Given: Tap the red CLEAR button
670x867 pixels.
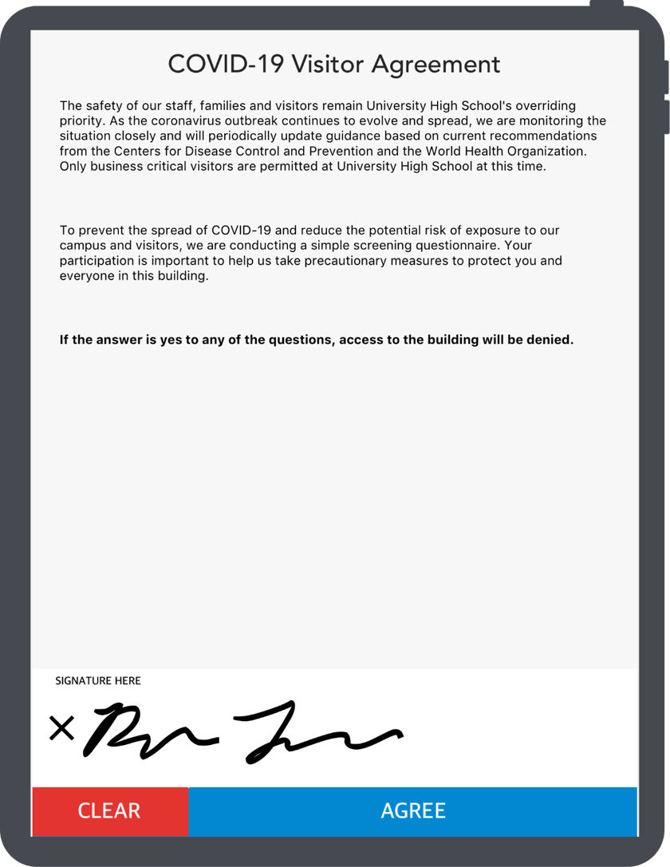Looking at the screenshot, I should pyautogui.click(x=109, y=811).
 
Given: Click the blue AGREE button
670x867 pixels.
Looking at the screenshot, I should pyautogui.click(x=413, y=811).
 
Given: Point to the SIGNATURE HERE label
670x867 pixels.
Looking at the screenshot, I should pyautogui.click(x=97, y=680).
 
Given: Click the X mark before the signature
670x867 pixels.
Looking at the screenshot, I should pyautogui.click(x=61, y=727).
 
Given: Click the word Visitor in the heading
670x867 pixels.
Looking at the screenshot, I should pyautogui.click(x=323, y=65).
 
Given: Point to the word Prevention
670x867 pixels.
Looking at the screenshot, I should pyautogui.click(x=357, y=152).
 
